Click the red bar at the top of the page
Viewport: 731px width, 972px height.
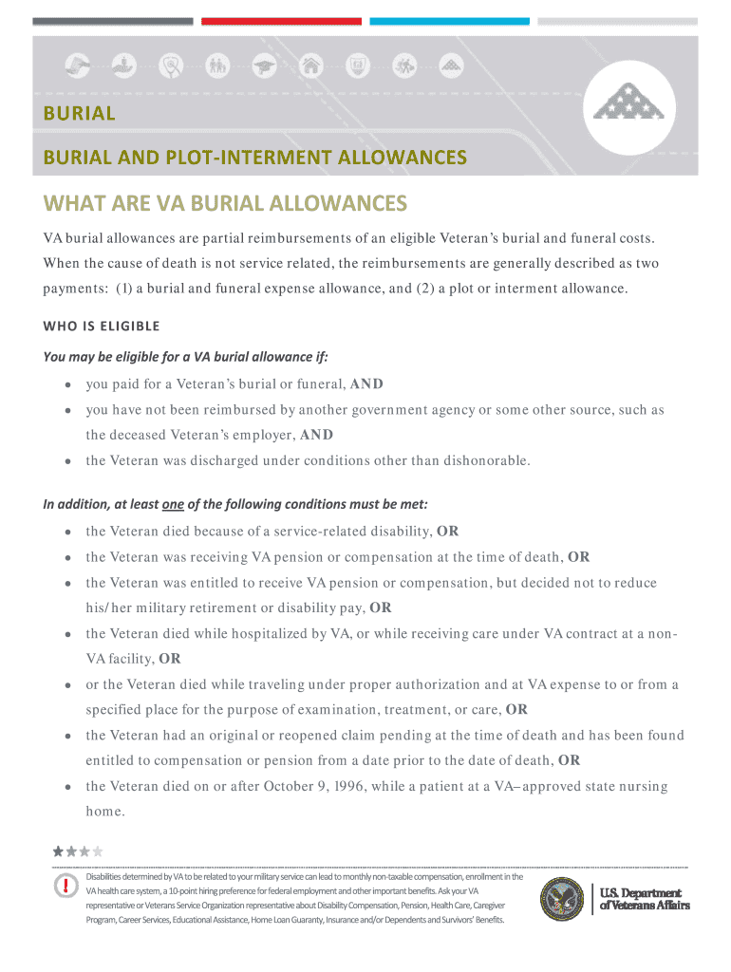[x=281, y=21]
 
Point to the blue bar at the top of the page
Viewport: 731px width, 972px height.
[x=449, y=21]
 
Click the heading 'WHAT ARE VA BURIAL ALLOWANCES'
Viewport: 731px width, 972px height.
[x=225, y=204]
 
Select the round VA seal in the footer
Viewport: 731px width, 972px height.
[x=562, y=899]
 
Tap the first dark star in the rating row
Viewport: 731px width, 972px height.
[x=59, y=851]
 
